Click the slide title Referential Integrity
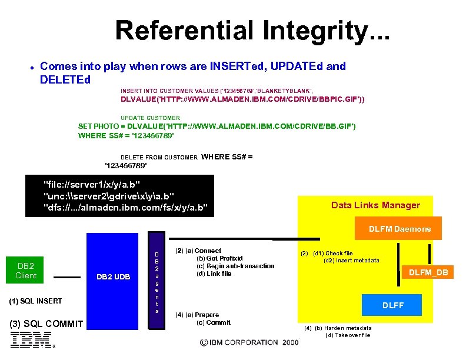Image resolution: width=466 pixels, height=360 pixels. coord(252,31)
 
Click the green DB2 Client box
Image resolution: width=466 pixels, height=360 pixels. coord(26,270)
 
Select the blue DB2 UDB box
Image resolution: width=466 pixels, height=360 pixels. coord(114,277)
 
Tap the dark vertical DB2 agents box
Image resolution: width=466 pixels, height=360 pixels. coord(157,274)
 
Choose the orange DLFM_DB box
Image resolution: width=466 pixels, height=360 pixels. coord(428,272)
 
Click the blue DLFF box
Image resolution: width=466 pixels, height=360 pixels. coord(393,305)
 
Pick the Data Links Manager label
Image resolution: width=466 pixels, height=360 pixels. coord(375,205)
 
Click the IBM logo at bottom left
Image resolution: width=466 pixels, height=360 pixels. coord(30,339)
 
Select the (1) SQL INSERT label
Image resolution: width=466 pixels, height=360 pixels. coord(36,301)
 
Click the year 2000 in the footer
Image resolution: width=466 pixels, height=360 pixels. coord(290,342)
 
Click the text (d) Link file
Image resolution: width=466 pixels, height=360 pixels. coord(214,274)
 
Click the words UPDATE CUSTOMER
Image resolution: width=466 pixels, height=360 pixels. coord(150,118)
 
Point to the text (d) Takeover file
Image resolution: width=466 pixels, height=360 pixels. coord(348,335)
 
